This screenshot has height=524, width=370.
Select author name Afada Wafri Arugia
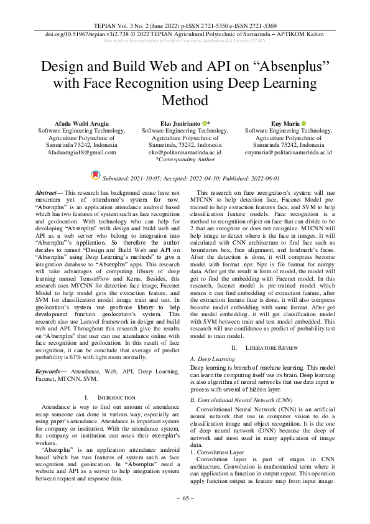81,124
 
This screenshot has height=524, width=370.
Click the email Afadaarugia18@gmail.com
81,152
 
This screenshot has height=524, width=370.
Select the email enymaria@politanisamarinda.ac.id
289,152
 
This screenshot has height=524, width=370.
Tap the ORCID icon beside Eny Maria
304,124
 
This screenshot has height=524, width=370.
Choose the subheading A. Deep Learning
213,360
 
